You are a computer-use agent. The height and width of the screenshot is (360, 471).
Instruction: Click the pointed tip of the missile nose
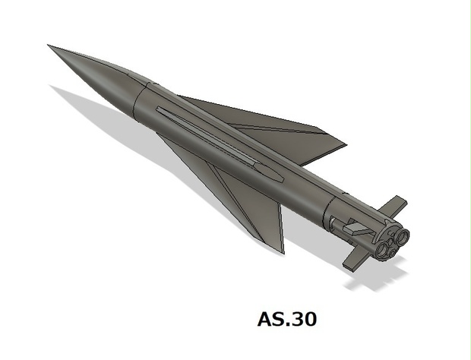pyautogui.click(x=49, y=46)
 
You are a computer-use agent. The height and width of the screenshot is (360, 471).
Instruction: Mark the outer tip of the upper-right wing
pyautogui.click(x=346, y=142)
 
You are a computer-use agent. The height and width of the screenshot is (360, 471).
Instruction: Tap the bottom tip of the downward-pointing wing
pyautogui.click(x=283, y=251)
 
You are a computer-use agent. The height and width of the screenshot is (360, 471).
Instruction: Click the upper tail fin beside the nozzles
pyautogui.click(x=392, y=205)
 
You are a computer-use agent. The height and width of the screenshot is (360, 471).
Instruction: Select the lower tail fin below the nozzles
pyautogui.click(x=358, y=257)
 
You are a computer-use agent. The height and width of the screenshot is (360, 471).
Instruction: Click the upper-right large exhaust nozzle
pyautogui.click(x=400, y=238)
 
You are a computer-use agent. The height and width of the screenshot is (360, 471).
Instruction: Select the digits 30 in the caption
pyautogui.click(x=301, y=320)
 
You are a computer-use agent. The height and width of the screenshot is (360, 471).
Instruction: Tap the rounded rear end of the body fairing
pyautogui.click(x=277, y=175)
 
